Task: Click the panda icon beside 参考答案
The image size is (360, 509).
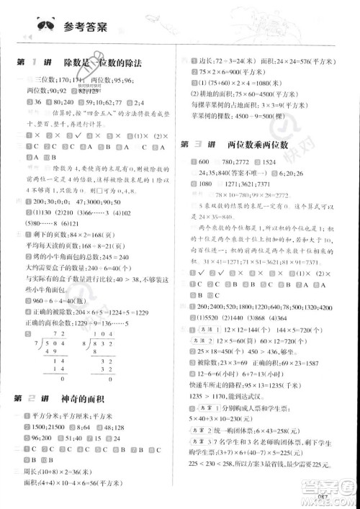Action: (x=47, y=27)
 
